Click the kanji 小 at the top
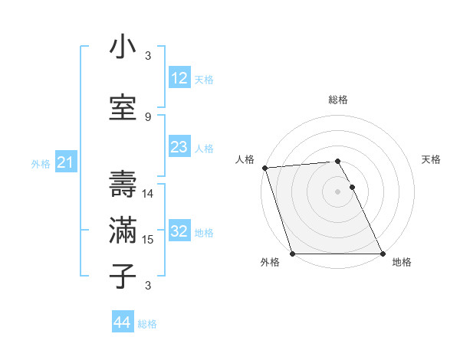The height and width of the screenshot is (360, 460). click(x=123, y=47)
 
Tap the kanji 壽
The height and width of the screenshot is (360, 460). click(x=123, y=183)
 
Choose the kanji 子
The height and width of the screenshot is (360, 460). click(x=123, y=276)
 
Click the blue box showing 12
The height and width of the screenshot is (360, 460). click(x=179, y=78)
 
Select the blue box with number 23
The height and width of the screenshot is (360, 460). click(x=179, y=147)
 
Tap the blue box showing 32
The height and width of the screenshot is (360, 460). click(x=179, y=231)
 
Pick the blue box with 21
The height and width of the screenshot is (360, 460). click(x=64, y=162)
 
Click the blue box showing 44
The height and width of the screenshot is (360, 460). click(x=122, y=322)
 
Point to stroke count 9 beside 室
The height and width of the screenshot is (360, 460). click(x=148, y=117)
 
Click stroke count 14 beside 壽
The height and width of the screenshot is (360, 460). click(x=148, y=194)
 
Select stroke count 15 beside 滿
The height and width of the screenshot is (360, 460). click(x=148, y=240)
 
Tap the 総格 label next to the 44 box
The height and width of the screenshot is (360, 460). click(x=147, y=324)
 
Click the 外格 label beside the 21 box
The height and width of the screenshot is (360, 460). click(x=41, y=163)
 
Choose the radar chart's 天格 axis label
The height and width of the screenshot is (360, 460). click(x=432, y=159)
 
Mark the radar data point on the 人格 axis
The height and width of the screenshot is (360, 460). click(x=264, y=168)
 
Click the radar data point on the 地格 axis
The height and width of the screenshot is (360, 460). click(x=383, y=254)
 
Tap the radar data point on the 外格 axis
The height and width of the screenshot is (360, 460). click(x=292, y=254)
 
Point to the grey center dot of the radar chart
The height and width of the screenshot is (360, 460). click(x=337, y=191)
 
